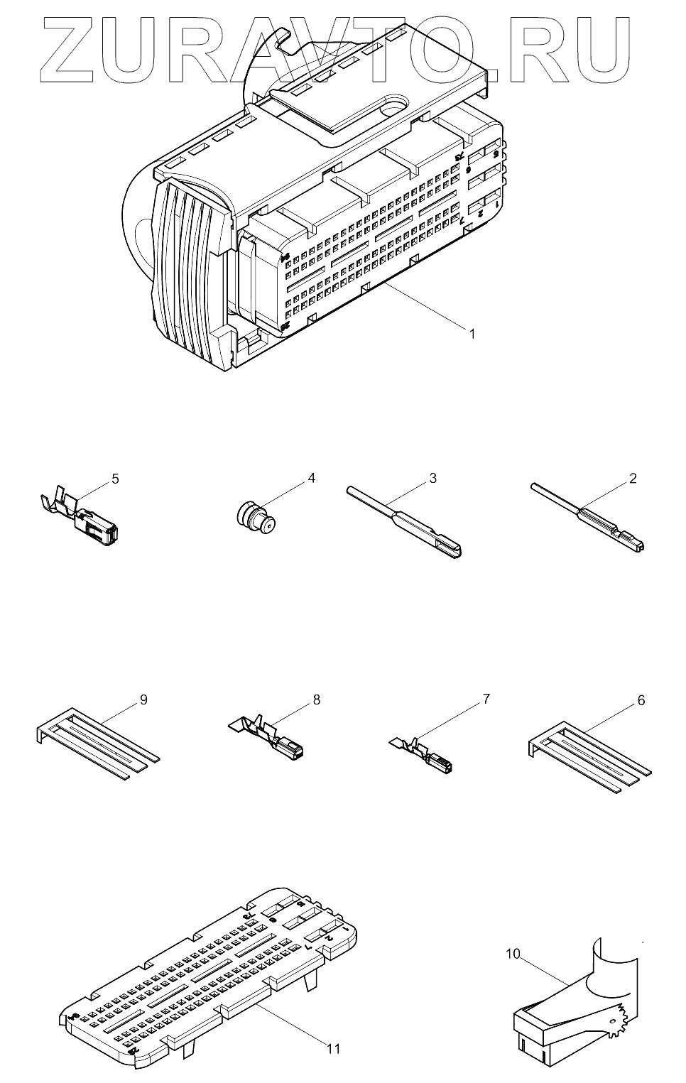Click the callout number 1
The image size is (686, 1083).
471,332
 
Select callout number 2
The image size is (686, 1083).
632,478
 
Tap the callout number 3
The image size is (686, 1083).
432,478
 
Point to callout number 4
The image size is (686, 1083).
311,478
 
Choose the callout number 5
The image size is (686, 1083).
115,479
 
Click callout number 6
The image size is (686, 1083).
641,700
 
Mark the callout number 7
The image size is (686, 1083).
486,699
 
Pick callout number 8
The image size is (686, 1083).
316,700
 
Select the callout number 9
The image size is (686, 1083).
143,700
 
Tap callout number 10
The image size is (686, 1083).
513,953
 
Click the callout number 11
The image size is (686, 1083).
334,1048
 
